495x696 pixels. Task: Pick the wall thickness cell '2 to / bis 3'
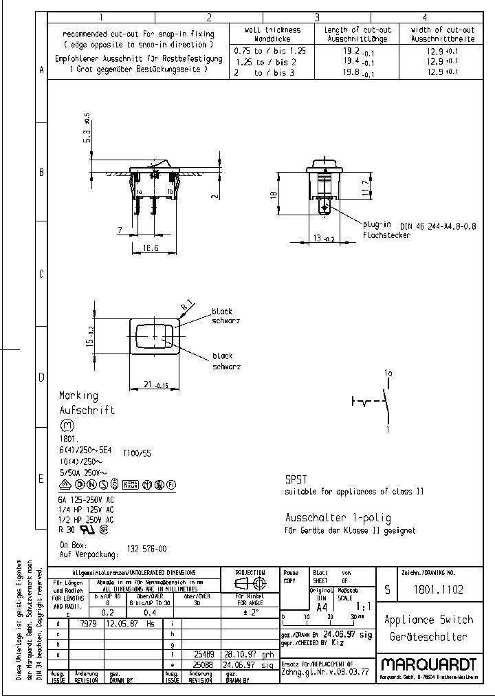point(264,72)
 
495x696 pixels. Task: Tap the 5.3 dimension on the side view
point(87,136)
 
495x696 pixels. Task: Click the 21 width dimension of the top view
point(152,384)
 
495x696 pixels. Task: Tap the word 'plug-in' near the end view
point(377,225)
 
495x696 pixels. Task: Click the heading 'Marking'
point(78,396)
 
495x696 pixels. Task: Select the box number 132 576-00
point(146,549)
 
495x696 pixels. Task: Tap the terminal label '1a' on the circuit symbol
point(388,373)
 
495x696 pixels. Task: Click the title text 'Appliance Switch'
point(429,620)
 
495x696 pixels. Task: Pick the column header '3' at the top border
point(317,18)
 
